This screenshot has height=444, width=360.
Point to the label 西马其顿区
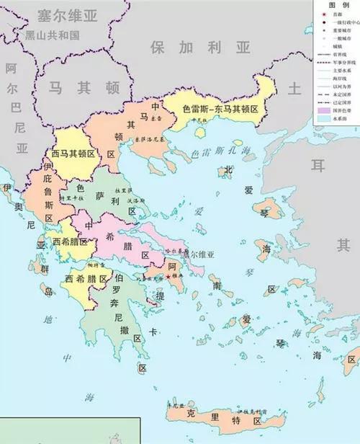click(x=73, y=153)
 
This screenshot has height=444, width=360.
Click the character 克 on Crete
click(x=191, y=415)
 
